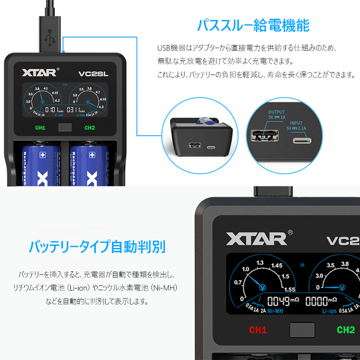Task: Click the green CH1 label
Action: coord(40,128)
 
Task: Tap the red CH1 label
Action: coord(258,330)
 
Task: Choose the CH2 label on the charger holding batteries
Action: coord(89,128)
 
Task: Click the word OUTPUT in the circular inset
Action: coord(276,112)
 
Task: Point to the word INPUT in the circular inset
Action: coord(296,122)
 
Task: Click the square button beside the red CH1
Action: coord(302,330)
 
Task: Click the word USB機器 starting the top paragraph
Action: coord(168,48)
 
